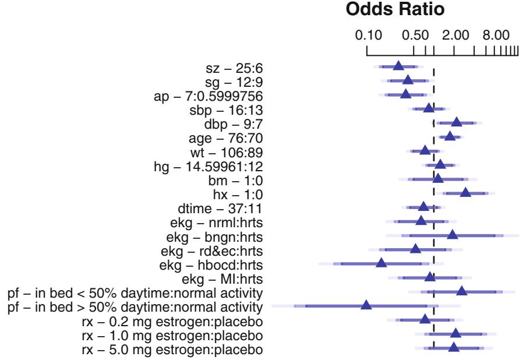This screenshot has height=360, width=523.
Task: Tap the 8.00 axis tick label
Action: (x=496, y=36)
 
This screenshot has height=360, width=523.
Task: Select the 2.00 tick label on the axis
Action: (x=454, y=36)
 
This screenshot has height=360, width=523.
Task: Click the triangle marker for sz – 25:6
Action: (x=398, y=66)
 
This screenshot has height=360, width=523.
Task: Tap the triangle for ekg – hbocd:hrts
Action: (x=381, y=263)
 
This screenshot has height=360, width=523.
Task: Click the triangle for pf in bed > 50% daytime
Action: (x=366, y=305)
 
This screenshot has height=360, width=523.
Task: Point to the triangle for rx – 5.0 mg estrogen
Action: (x=454, y=347)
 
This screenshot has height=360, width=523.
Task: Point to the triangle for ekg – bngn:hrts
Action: (x=452, y=235)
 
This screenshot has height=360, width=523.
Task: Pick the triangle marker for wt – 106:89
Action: (x=425, y=150)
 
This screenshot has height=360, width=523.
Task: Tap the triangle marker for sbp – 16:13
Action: (x=429, y=108)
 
